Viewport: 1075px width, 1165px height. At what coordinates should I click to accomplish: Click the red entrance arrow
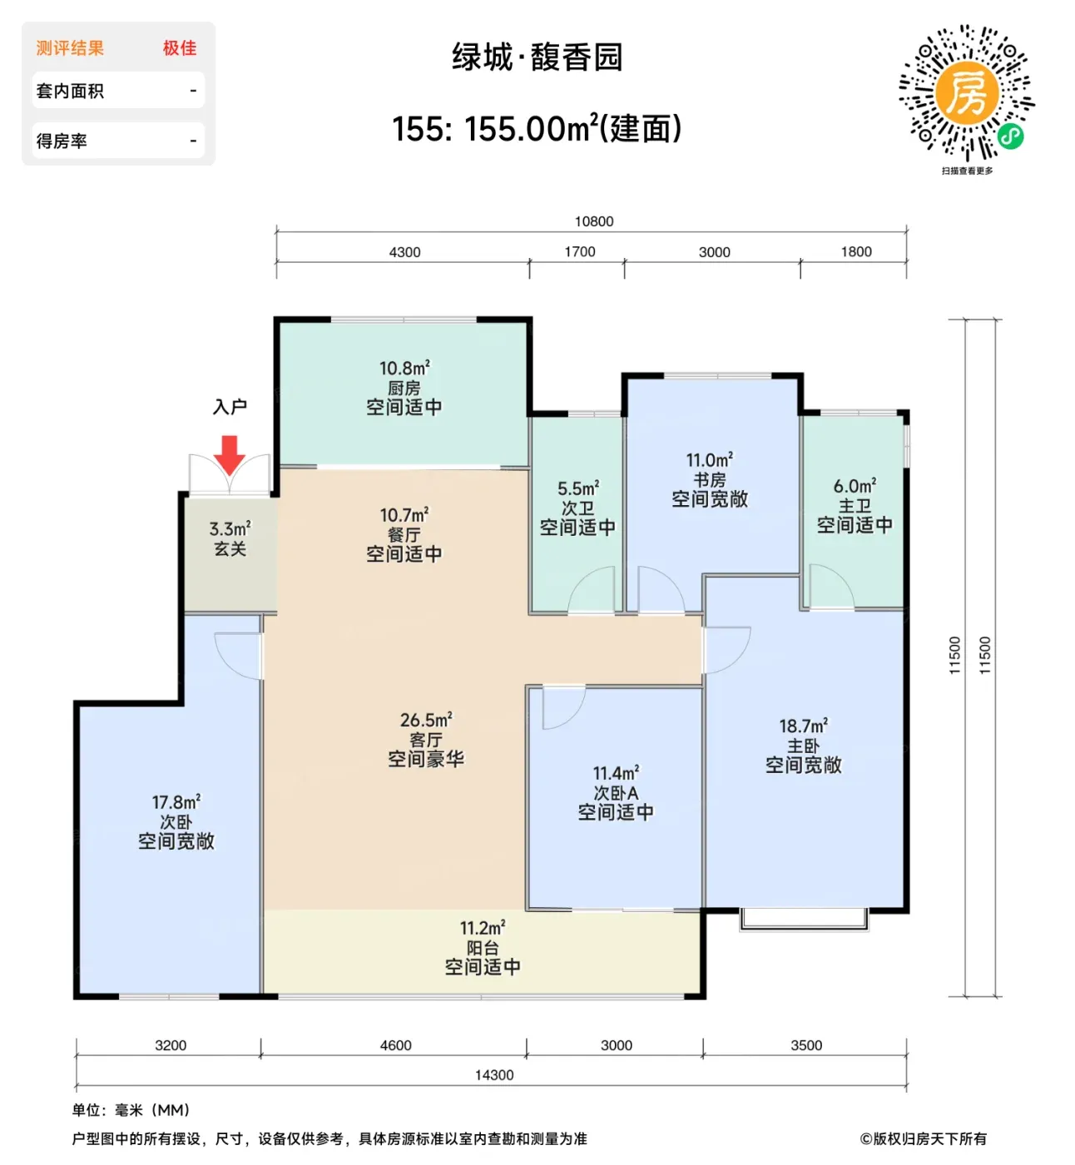[229, 454]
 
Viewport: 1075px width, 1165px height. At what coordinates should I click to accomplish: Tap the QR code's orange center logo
[967, 92]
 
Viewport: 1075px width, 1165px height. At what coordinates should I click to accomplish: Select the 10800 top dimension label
[594, 221]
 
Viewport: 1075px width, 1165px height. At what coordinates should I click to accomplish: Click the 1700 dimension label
[580, 251]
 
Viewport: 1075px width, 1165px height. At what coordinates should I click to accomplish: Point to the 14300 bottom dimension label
[494, 1074]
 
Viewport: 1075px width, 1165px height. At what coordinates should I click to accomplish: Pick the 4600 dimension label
[395, 1044]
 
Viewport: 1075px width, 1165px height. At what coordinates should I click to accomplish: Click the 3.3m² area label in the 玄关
[230, 528]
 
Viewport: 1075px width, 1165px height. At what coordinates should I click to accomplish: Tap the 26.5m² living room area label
[426, 719]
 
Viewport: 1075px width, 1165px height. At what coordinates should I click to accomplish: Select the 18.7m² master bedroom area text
[803, 726]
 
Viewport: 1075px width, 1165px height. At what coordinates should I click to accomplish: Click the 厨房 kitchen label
[404, 388]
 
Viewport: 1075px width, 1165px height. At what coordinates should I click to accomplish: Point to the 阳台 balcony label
[483, 947]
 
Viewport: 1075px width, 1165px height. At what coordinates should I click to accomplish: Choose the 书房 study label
[710, 480]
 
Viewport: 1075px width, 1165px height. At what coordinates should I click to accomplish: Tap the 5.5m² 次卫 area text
[578, 488]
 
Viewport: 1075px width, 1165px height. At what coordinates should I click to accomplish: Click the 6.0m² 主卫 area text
[855, 486]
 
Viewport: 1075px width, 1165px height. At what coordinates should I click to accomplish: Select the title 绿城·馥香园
[537, 57]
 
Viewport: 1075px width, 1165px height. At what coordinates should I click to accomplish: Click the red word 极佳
[180, 48]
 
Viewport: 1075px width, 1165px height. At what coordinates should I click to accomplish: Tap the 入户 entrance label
[230, 406]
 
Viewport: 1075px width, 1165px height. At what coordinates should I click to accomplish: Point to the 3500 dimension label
[806, 1044]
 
